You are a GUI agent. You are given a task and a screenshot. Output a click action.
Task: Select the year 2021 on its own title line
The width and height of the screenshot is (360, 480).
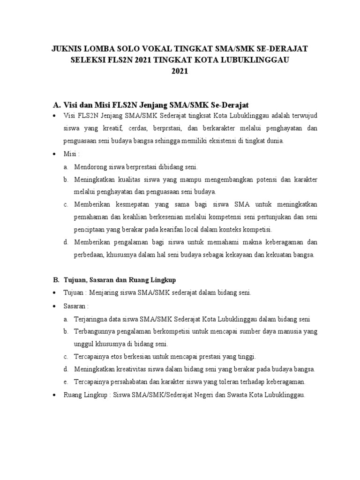point(180,71)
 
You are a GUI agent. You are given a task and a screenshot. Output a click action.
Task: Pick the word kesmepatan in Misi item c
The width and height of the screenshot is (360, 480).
point(124,204)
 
